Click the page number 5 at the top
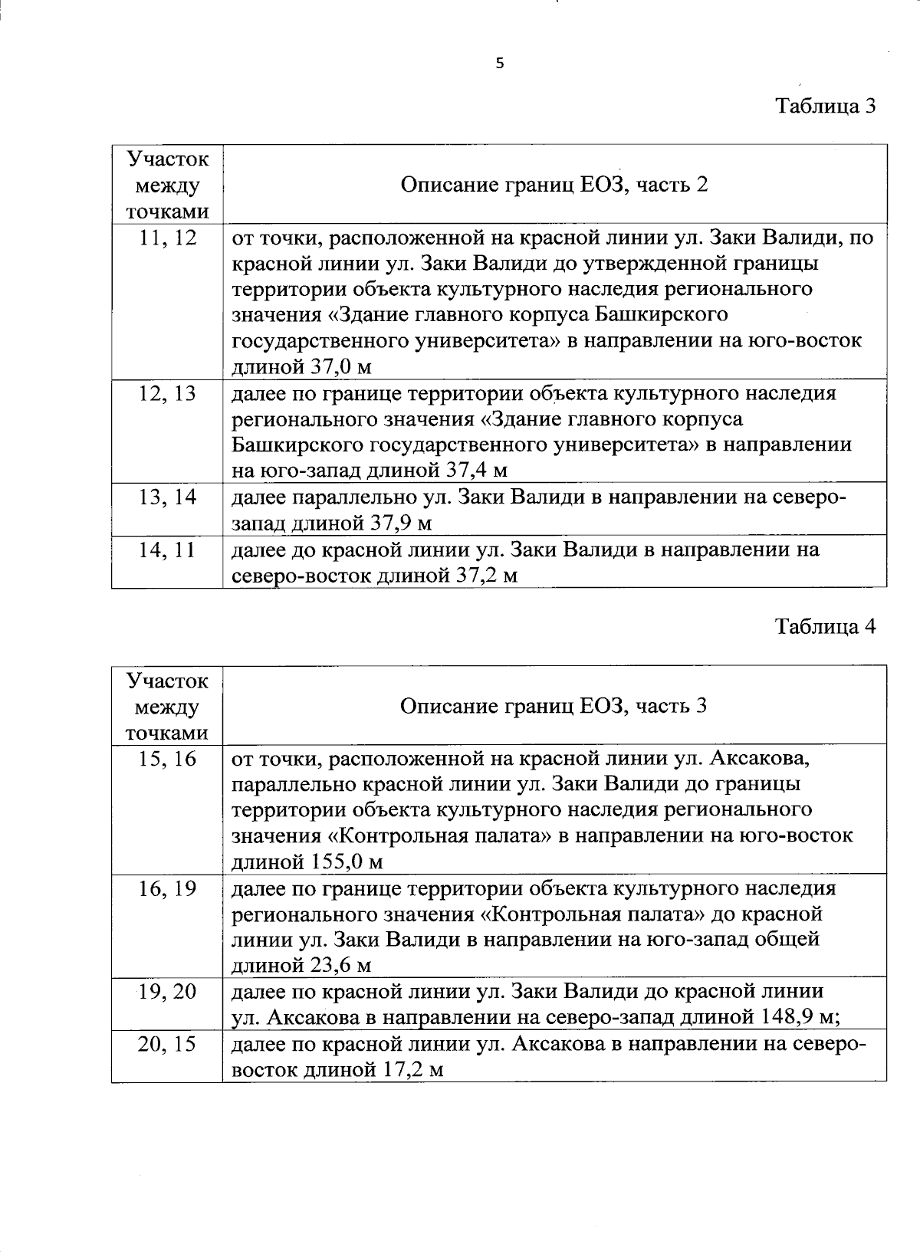pyautogui.click(x=500, y=64)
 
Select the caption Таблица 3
pyautogui.click(x=825, y=105)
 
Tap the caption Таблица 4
pyautogui.click(x=825, y=626)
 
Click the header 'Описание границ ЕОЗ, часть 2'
pyautogui.click(x=554, y=185)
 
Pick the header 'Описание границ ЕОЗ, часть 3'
pyautogui.click(x=554, y=705)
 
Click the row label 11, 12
pyautogui.click(x=168, y=238)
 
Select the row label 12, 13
pyautogui.click(x=168, y=394)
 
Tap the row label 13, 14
pyautogui.click(x=168, y=497)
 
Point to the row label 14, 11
pyautogui.click(x=168, y=550)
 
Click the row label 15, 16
pyautogui.click(x=168, y=759)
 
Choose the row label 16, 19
pyautogui.click(x=168, y=889)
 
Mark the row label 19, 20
pyautogui.click(x=168, y=992)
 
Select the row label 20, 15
pyautogui.click(x=168, y=1044)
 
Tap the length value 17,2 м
pyautogui.click(x=412, y=1070)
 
